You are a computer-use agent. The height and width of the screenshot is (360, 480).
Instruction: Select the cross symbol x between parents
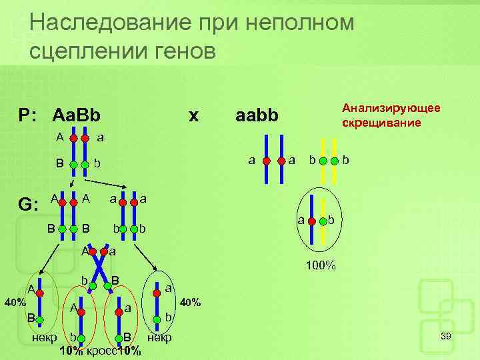(193, 115)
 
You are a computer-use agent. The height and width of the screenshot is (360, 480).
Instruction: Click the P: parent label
(30, 115)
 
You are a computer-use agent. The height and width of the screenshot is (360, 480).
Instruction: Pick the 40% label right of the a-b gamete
(191, 303)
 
